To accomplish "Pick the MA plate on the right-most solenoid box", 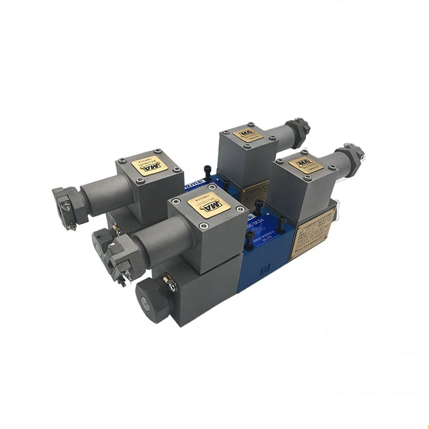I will pyautogui.click(x=301, y=164).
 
